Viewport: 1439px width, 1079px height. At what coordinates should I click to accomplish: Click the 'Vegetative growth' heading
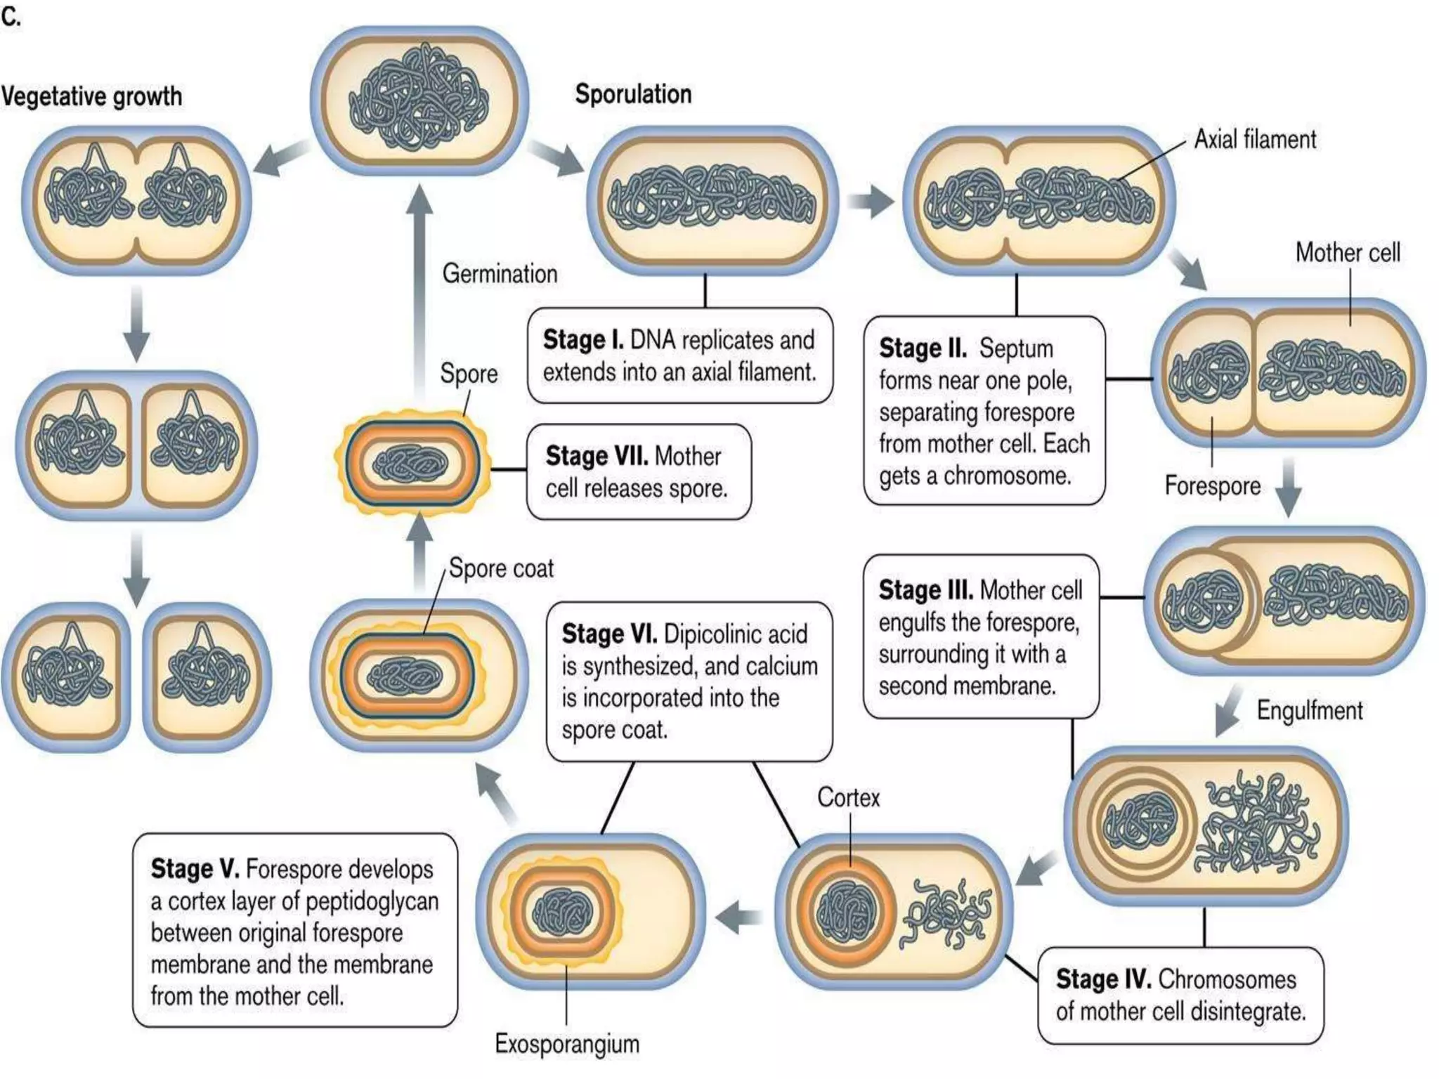(91, 96)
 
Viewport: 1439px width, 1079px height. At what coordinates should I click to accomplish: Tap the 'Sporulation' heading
(633, 94)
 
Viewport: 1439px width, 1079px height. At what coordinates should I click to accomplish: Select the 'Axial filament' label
(1255, 139)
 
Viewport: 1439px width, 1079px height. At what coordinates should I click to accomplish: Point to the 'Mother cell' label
(1348, 252)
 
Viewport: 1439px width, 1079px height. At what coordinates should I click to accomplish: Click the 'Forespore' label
(1212, 485)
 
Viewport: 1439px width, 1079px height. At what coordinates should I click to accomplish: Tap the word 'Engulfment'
(1310, 710)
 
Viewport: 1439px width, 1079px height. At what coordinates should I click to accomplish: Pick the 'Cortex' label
(848, 797)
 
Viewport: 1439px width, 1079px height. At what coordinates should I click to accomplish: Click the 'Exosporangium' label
(567, 1044)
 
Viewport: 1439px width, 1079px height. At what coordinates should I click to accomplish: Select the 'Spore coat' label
(501, 568)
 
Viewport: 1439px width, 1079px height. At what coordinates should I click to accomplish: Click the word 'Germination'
(500, 273)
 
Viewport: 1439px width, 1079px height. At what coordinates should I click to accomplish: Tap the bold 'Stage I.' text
(582, 340)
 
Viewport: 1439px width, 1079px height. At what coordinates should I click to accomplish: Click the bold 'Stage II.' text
(922, 348)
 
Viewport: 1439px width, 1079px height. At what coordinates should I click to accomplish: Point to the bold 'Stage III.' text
(925, 590)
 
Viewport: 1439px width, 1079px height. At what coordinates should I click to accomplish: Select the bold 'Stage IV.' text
(1102, 979)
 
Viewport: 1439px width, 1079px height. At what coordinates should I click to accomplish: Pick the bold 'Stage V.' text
(195, 869)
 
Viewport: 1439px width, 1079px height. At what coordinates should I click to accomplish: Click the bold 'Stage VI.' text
(609, 634)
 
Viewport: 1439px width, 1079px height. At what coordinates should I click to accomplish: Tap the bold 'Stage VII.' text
(597, 456)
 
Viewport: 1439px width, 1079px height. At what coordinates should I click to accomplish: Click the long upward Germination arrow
(419, 295)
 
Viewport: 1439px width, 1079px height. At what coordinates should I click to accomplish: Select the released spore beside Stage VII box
(412, 464)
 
